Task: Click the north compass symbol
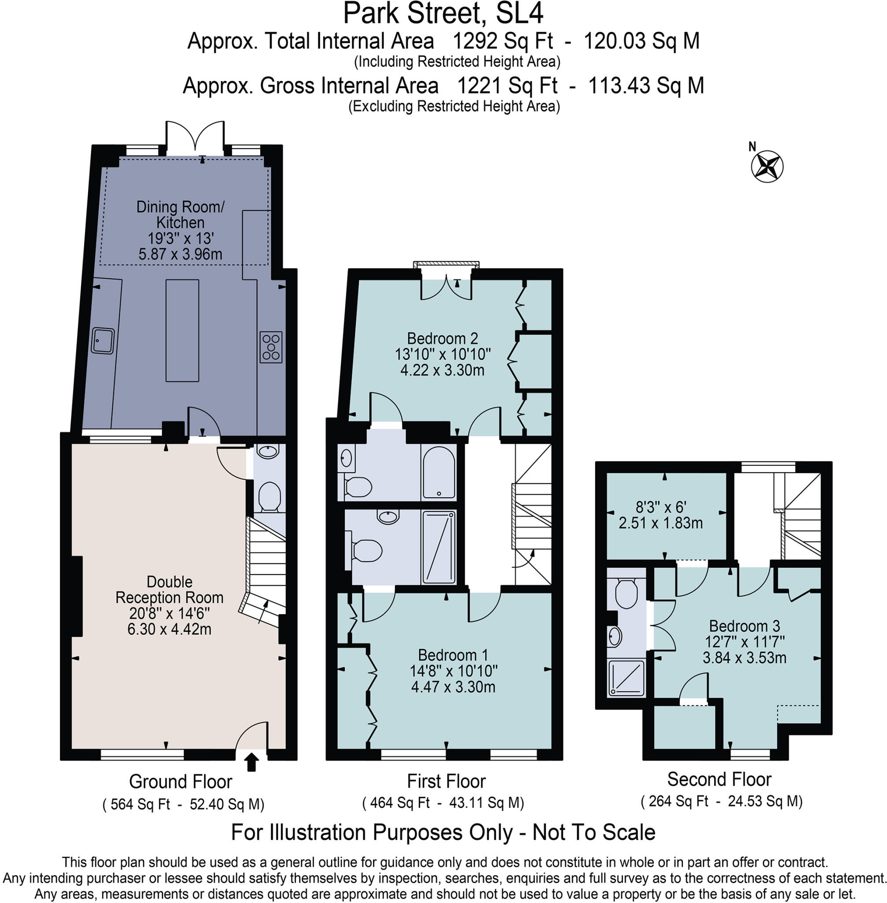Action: (767, 166)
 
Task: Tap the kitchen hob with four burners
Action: (271, 347)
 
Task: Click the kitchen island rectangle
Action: (182, 330)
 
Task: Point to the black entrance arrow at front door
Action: (252, 763)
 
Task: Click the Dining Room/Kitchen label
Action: (180, 214)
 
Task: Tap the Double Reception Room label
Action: (170, 590)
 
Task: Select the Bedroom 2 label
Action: (443, 338)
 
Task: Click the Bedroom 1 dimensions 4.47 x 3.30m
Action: (453, 687)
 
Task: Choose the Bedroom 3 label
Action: (744, 626)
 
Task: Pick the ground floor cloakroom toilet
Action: (269, 496)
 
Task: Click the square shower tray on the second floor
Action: (626, 678)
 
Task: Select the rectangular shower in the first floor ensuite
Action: (438, 547)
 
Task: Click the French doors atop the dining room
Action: (195, 138)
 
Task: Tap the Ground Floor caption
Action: (180, 781)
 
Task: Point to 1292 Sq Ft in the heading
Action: (503, 41)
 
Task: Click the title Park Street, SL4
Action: (443, 13)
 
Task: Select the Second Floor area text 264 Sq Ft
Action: (678, 802)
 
